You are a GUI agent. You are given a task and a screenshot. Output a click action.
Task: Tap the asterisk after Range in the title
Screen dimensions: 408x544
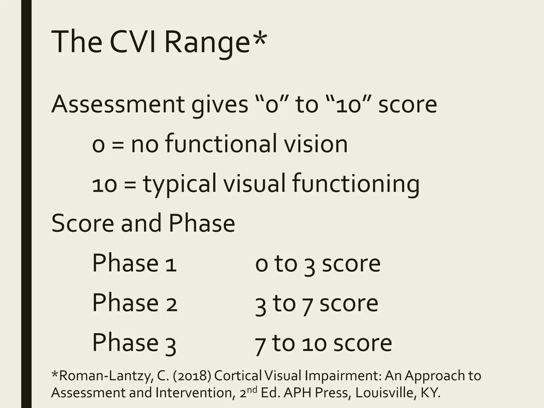click(258, 37)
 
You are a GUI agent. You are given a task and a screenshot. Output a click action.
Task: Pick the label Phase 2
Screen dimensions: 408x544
click(134, 303)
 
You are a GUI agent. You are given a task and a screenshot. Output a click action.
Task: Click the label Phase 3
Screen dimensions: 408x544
click(134, 343)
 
